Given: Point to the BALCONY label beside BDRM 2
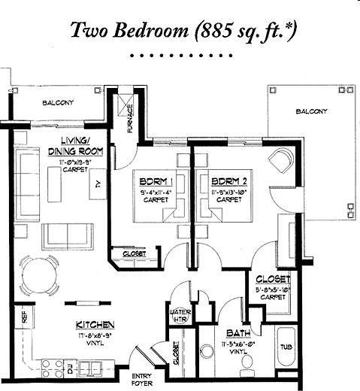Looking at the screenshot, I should (x=311, y=111).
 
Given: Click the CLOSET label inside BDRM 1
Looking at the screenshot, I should (x=135, y=254).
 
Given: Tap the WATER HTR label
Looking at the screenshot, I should (x=180, y=315).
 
